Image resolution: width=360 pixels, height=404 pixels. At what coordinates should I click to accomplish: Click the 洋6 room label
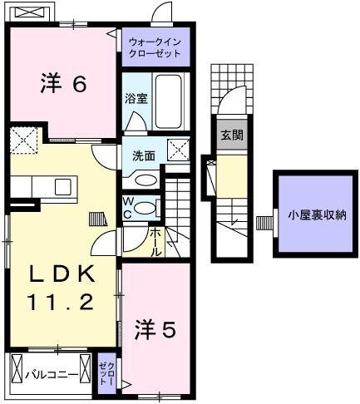pos(62,84)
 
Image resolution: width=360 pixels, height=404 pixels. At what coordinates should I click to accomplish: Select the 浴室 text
pos(136,98)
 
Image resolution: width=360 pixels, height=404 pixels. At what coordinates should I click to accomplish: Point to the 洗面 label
pos(144,155)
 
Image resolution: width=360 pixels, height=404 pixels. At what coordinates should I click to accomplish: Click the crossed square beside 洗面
pos(179,150)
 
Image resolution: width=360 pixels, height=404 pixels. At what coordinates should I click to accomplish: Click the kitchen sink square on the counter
pos(63,186)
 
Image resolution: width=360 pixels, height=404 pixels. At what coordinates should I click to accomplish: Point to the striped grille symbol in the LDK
pos(98,219)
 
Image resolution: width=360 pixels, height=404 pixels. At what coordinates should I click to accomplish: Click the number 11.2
pos(62,303)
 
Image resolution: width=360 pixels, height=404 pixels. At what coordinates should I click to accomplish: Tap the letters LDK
pos(62,273)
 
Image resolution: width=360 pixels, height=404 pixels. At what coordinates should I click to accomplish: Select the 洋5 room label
pos(155,330)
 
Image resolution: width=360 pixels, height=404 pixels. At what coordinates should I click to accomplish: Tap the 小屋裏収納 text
pos(317,214)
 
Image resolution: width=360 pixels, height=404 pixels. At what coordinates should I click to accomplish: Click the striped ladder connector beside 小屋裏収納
pos(264,222)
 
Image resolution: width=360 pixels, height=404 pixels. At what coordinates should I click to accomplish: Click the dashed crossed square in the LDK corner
pos(22,139)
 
